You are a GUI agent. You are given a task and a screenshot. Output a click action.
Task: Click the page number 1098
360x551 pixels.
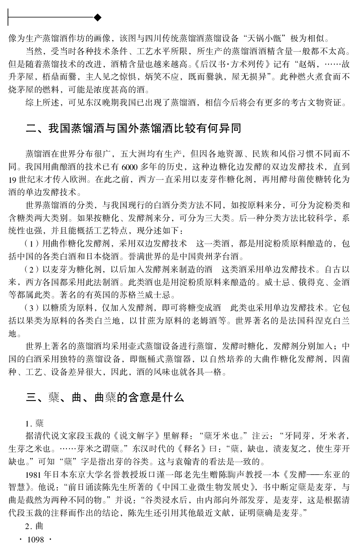pyautogui.click(x=35, y=540)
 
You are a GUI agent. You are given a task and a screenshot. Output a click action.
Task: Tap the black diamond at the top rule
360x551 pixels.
pyautogui.click(x=98, y=17)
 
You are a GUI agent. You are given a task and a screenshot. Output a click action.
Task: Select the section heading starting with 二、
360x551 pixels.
pyautogui.click(x=133, y=128)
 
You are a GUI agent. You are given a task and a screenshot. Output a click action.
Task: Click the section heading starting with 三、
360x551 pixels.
pyautogui.click(x=105, y=398)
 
